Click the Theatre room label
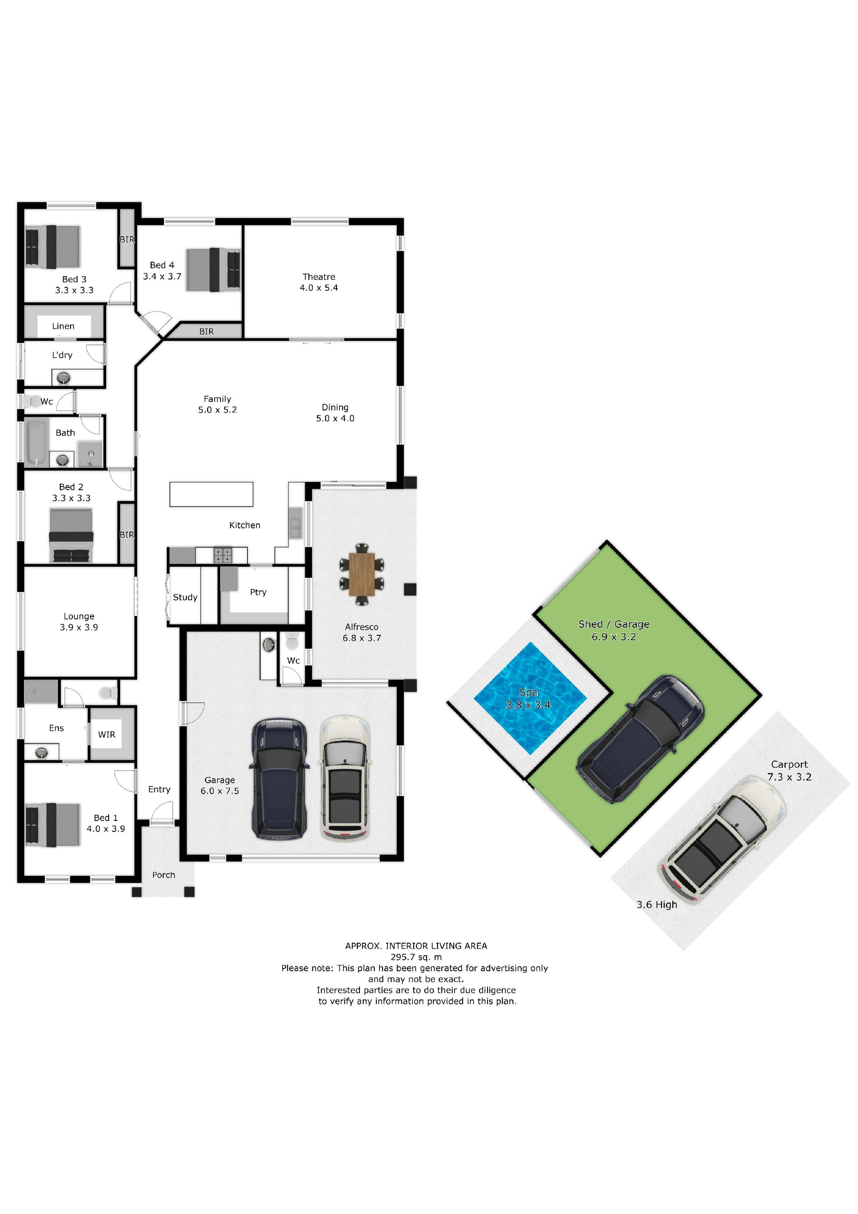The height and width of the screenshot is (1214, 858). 319,276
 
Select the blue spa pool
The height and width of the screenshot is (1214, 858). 530,698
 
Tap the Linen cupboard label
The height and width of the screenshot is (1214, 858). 63,326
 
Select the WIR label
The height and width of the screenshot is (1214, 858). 107,734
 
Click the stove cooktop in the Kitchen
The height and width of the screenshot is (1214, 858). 222,555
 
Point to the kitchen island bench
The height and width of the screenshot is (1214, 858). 211,494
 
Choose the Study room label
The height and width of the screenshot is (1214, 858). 185,597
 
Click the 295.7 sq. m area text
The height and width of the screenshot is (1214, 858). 416,957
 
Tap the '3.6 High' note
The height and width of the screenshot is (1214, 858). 657,905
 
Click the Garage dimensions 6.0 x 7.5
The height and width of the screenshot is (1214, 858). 220,791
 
